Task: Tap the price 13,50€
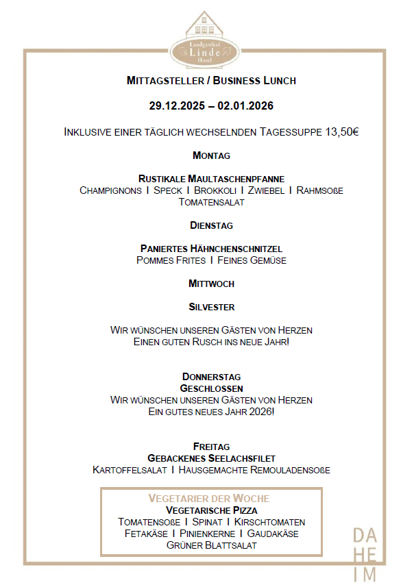click(339, 131)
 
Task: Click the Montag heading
click(211, 155)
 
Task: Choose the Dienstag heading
click(211, 225)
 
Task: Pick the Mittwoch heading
click(211, 283)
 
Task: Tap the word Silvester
click(211, 307)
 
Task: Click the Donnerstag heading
click(211, 377)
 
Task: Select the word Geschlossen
click(211, 388)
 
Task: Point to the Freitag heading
click(211, 447)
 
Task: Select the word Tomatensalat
click(211, 202)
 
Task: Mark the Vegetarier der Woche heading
click(209, 498)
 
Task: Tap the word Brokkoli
click(215, 190)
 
